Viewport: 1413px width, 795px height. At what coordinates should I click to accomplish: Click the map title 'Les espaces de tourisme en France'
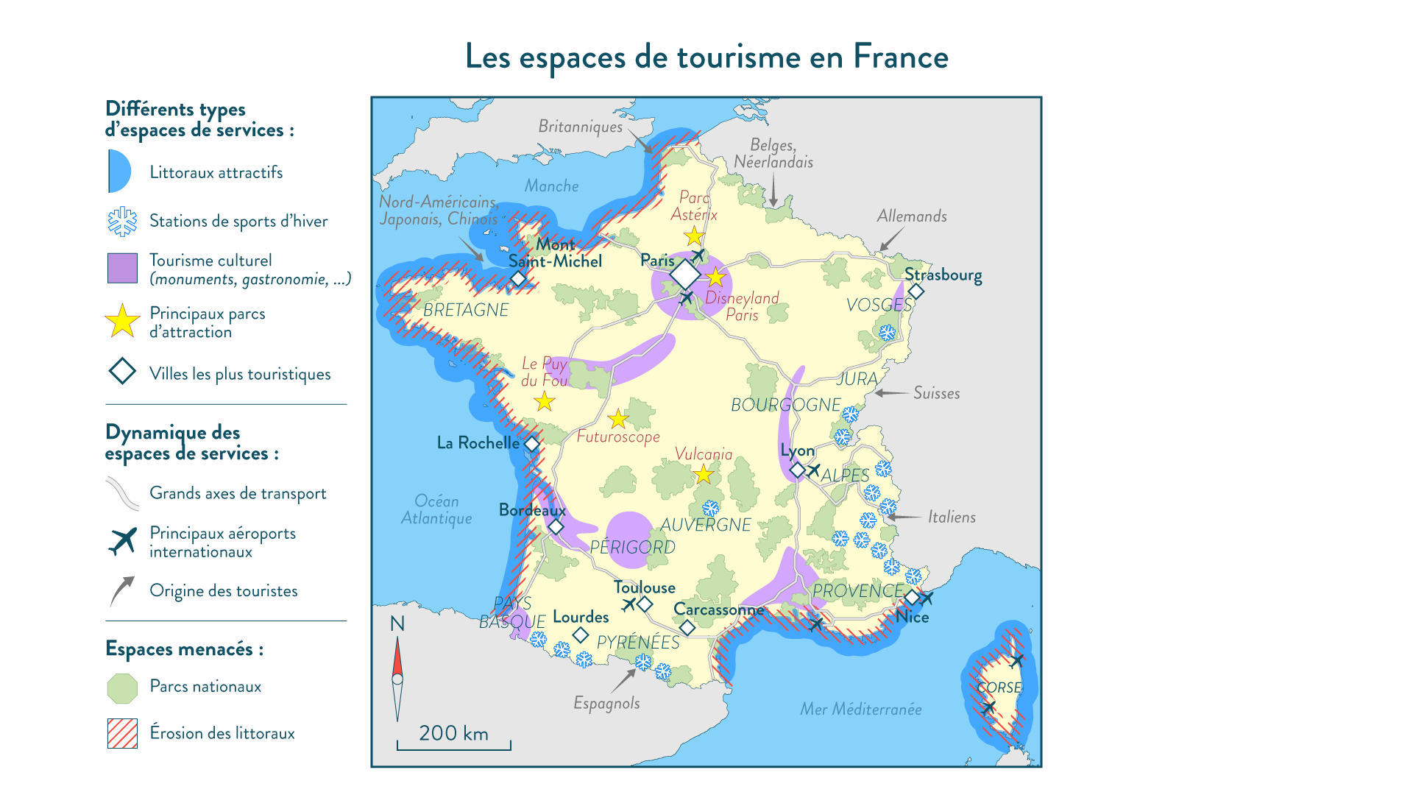click(x=706, y=57)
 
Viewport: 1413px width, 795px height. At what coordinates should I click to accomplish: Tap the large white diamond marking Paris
click(x=685, y=275)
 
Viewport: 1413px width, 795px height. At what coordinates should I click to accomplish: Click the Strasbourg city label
click(x=943, y=275)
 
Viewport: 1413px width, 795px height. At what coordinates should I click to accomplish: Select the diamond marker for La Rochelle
click(x=532, y=444)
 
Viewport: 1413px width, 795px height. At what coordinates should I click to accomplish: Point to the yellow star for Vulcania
click(x=704, y=474)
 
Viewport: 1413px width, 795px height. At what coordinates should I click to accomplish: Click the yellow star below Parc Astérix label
click(x=694, y=236)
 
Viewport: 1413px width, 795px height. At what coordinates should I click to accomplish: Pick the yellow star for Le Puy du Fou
click(x=545, y=401)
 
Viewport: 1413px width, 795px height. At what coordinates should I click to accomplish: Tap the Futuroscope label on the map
click(x=618, y=437)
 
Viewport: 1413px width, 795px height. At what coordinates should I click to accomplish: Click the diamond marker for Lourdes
click(x=581, y=634)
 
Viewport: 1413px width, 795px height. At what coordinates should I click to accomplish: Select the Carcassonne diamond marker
click(x=687, y=627)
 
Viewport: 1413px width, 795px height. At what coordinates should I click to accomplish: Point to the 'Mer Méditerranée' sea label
click(x=861, y=709)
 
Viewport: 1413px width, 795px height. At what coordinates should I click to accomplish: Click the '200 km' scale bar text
click(x=453, y=733)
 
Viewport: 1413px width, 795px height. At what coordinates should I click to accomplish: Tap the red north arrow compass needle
click(x=397, y=659)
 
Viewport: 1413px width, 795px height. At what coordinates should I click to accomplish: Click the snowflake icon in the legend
click(x=122, y=221)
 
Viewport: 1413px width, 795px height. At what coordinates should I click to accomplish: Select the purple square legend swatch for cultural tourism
click(x=122, y=268)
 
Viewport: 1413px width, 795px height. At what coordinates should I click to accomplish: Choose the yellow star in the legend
click(x=122, y=322)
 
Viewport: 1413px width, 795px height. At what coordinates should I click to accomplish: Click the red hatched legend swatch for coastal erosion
click(x=122, y=733)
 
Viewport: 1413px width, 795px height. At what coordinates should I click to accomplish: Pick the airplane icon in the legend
click(x=122, y=542)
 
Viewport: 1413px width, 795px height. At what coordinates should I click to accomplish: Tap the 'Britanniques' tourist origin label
click(x=580, y=127)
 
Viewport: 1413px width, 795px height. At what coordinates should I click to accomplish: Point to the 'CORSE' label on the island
click(x=999, y=688)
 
